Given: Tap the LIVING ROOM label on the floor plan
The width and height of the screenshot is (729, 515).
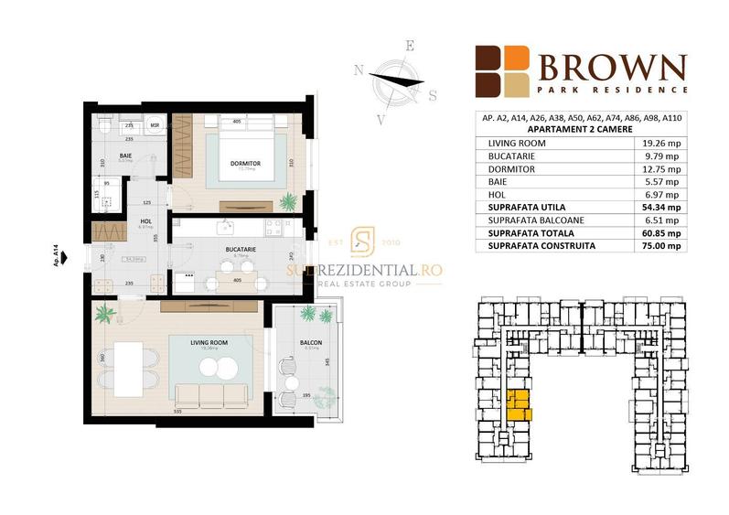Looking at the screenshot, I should pyautogui.click(x=209, y=342).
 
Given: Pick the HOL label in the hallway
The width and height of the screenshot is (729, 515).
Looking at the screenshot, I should pyautogui.click(x=144, y=220).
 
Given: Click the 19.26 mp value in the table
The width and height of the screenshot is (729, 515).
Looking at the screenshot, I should pyautogui.click(x=661, y=143).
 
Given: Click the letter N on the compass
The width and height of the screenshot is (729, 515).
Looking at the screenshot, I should pyautogui.click(x=359, y=69).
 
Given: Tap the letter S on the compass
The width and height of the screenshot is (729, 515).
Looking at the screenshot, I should pyautogui.click(x=433, y=94).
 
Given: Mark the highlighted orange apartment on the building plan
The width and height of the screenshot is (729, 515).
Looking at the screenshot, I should pyautogui.click(x=518, y=403).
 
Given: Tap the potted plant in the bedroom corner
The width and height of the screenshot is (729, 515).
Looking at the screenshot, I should pyautogui.click(x=289, y=200).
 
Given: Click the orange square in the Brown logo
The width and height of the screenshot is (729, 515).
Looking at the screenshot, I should pyautogui.click(x=517, y=59).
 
